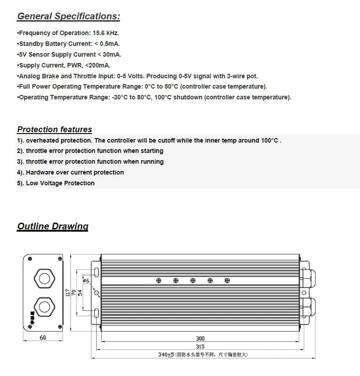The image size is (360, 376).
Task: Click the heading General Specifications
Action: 68,17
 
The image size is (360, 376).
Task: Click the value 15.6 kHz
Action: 106,33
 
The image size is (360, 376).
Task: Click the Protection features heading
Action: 54,130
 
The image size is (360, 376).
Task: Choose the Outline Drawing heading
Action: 53,226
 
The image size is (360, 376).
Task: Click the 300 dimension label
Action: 200,339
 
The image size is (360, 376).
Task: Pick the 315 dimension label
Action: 200,346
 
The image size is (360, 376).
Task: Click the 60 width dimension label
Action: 43,338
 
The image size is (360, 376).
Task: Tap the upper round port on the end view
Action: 43,278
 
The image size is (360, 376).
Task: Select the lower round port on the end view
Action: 43,308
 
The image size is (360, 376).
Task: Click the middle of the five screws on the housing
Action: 193,281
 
